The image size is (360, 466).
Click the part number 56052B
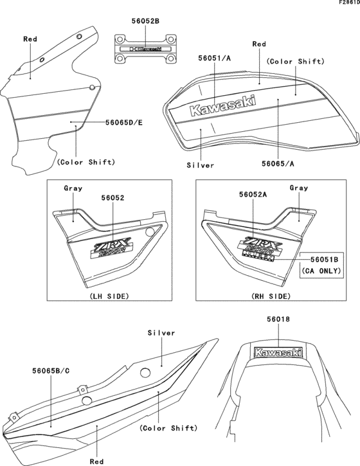[x=139, y=22]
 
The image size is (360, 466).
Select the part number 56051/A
[x=215, y=58]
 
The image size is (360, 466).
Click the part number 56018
[x=279, y=318]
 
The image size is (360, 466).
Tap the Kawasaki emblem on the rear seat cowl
[x=278, y=352]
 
